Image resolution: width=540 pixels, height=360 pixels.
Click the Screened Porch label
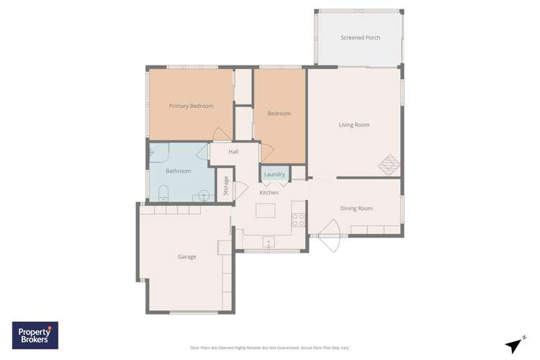tap(360, 37)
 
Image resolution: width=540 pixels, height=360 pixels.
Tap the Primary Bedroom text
tap(191, 106)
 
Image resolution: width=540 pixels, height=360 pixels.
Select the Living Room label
tap(354, 125)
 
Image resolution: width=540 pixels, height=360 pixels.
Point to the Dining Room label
tap(356, 208)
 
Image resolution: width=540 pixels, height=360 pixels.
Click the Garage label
tap(186, 256)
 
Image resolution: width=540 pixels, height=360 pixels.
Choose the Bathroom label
tap(178, 171)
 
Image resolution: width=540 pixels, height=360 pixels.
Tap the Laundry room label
tap(274, 174)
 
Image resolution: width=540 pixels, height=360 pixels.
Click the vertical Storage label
tap(225, 186)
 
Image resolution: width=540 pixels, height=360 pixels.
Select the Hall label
tap(233, 152)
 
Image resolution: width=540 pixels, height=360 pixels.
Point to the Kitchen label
tap(269, 192)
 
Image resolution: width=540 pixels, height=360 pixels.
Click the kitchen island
tap(265, 210)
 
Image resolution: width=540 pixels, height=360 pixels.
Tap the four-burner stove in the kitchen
tap(298, 220)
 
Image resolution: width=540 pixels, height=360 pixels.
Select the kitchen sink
tap(268, 242)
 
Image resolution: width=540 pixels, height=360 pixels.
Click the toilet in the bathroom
tap(163, 192)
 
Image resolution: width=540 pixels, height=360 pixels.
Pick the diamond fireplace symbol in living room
tap(389, 165)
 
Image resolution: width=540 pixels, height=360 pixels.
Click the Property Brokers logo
tap(35, 336)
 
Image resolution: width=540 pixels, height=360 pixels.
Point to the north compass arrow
tap(514, 345)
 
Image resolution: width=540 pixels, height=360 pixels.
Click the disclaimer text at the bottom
tap(269, 348)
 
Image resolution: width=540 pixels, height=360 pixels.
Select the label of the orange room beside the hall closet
tap(279, 113)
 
